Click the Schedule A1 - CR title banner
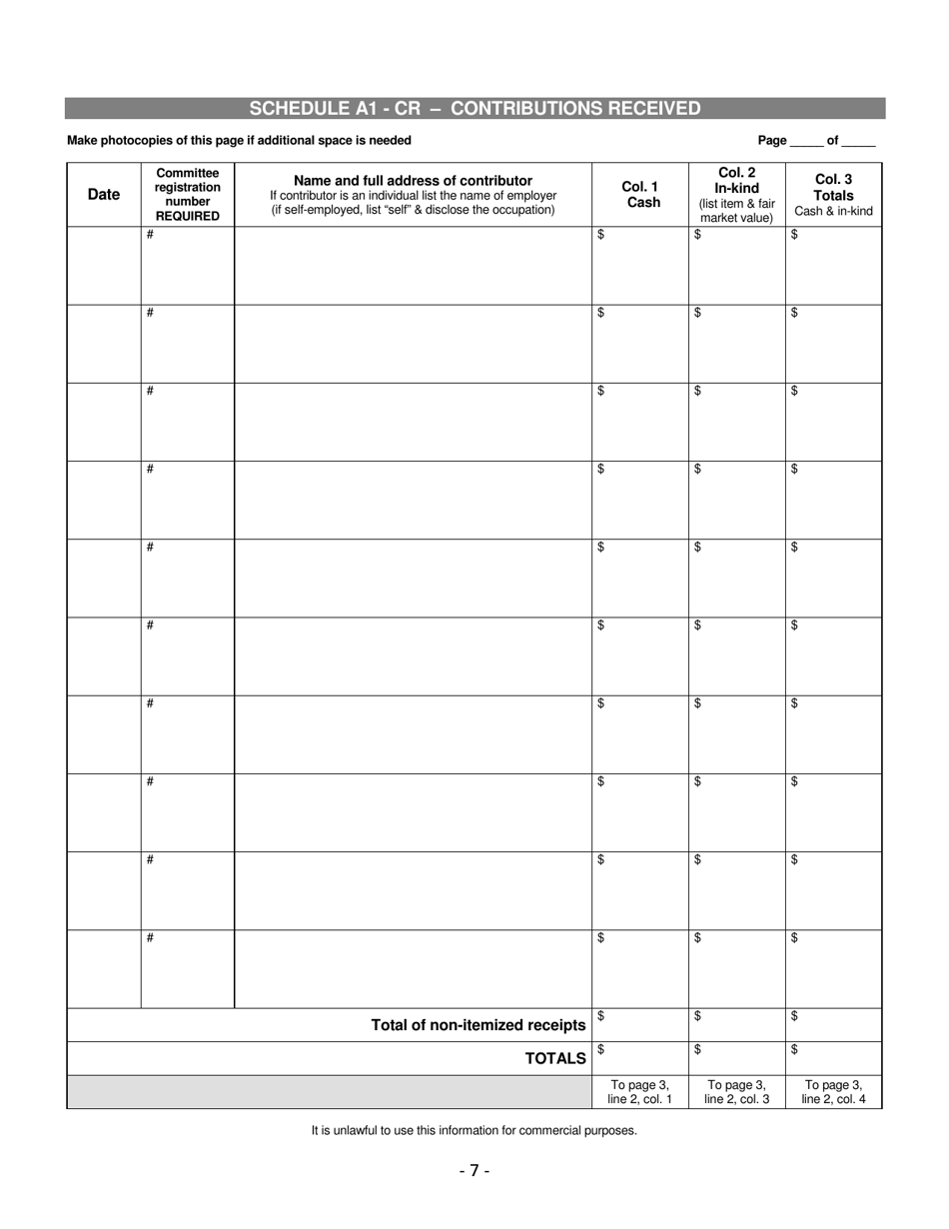(x=474, y=109)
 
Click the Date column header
(x=104, y=195)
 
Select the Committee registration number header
(x=188, y=194)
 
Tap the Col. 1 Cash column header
(x=640, y=194)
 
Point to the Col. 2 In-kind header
(x=737, y=195)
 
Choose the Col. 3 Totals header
(x=834, y=195)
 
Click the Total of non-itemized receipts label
(x=478, y=1025)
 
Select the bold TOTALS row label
(x=556, y=1058)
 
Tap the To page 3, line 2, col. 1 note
(x=640, y=1092)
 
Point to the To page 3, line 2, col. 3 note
(x=737, y=1092)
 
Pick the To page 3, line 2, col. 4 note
(x=834, y=1092)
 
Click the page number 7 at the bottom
(x=474, y=1170)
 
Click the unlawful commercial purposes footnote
(x=474, y=1131)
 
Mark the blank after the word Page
(x=806, y=142)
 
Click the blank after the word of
(x=859, y=142)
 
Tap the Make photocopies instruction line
(x=239, y=141)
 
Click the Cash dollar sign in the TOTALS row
(x=600, y=1049)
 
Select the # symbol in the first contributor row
(x=150, y=235)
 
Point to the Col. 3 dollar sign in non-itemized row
(x=794, y=1016)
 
